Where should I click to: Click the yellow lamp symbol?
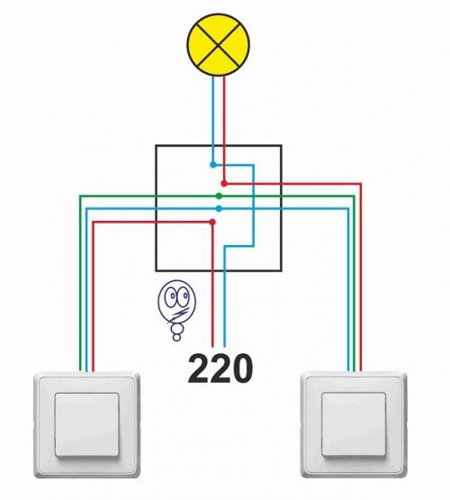pos(218,45)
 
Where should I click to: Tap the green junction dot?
pos(219,195)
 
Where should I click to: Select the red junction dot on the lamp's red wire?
pos(224,184)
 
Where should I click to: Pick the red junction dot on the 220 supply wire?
pos(212,222)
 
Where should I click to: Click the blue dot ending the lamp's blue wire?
pos(213,165)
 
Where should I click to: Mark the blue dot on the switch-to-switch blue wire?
pos(219,208)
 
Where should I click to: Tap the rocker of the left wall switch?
pos(86,424)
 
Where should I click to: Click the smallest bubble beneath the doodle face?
pos(176,337)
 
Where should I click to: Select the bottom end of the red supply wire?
pos(212,347)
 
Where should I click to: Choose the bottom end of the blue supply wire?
pos(224,347)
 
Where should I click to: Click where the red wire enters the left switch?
pos(93,371)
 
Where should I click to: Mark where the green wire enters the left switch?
pos(80,371)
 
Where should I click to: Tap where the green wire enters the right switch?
pos(355,371)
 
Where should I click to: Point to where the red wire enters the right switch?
pos(361,371)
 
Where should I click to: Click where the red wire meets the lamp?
pos(224,77)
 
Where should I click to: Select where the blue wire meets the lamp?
pos(213,76)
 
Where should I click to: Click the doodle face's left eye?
pos(173,296)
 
